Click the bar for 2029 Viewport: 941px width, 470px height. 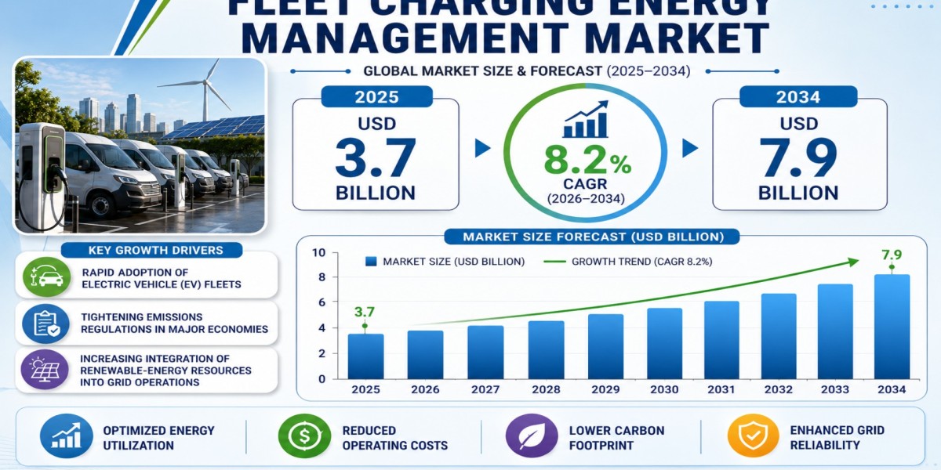click(605, 346)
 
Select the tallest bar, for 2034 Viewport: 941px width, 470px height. click(892, 327)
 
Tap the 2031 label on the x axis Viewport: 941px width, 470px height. click(721, 390)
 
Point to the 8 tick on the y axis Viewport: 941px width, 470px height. click(322, 277)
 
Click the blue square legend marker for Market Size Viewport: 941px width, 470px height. click(371, 262)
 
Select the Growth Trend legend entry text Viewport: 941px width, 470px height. click(642, 262)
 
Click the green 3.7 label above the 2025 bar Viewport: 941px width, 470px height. click(364, 312)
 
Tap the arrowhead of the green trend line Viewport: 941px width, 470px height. click(853, 262)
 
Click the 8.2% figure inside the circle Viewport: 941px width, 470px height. click(587, 161)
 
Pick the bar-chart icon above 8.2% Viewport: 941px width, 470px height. click(586, 119)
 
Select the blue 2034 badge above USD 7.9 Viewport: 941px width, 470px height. click(798, 97)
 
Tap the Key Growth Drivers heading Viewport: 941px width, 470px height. click(156, 251)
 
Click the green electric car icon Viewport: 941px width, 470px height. click(46, 277)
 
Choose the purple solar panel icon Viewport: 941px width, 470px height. click(45, 369)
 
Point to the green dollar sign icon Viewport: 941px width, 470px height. click(304, 436)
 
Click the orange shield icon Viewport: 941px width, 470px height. click(754, 436)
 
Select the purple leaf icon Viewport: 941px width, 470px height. click(532, 436)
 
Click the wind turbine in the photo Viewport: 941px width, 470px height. click(204, 90)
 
